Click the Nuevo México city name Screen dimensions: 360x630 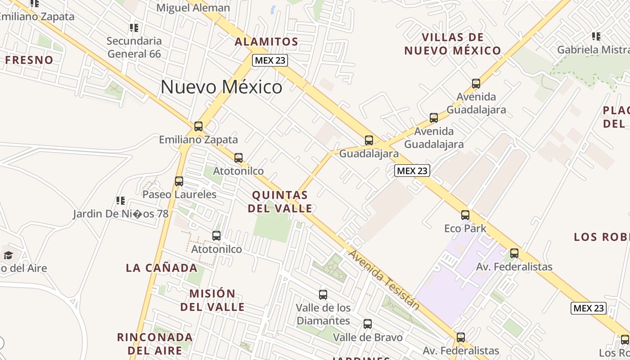coord(221,87)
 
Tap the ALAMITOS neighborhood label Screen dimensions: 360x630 coord(266,42)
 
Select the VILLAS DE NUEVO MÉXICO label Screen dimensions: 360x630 coord(453,44)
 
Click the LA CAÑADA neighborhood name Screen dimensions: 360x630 coord(162,268)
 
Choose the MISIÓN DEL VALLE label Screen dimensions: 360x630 coord(212,300)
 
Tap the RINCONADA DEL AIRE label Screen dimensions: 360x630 coord(155,343)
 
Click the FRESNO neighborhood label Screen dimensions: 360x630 coord(29,60)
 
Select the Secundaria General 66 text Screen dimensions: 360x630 coord(134,47)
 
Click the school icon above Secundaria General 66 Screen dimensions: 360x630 coord(134,28)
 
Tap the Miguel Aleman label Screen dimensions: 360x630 coord(193,8)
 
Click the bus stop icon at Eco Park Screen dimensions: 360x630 coord(465,215)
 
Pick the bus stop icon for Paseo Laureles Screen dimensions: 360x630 coord(179,181)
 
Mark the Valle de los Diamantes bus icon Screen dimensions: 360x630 coord(323,295)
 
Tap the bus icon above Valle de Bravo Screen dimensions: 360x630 coord(368,324)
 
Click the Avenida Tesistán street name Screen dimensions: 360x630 coord(384,280)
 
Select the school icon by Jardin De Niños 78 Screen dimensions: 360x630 coord(120,200)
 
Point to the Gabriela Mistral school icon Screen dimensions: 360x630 coord(596,36)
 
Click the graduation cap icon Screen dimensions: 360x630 coord(8,256)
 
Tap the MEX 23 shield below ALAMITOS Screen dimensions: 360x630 coord(270,60)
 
